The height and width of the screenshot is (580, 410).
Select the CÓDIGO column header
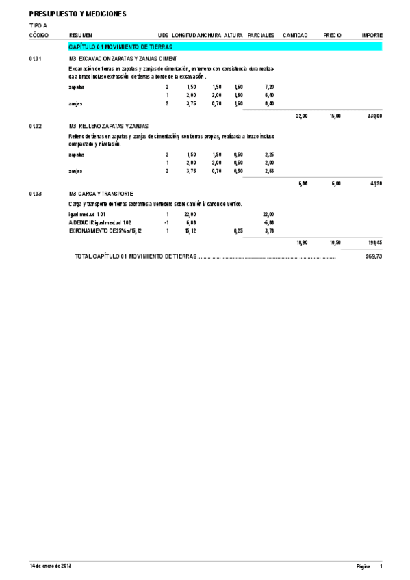coord(39,35)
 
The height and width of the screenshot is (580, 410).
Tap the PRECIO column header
coord(332,35)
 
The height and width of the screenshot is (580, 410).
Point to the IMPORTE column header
coord(372,35)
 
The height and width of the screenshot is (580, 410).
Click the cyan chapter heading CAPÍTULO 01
coord(120,47)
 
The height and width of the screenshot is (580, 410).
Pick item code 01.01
coord(36,59)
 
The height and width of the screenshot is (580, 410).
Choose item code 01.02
coord(36,127)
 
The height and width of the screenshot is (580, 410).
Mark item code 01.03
coord(36,194)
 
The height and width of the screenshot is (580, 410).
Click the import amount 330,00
coord(374,116)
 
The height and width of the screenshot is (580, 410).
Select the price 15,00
coord(335,116)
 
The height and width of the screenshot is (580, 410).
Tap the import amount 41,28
coord(376,184)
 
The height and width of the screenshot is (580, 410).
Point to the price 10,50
coord(335,243)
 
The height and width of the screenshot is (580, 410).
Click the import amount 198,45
coord(374,243)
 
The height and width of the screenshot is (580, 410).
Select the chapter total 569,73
coord(374,256)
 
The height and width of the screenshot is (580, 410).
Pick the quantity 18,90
coord(301,243)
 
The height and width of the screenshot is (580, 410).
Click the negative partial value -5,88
coord(268,223)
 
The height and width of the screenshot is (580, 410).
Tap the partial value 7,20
coord(269,88)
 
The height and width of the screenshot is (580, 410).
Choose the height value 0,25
coord(238,231)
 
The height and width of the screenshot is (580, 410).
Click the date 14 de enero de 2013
coord(51,566)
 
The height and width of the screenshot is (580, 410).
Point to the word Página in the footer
coord(363,567)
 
